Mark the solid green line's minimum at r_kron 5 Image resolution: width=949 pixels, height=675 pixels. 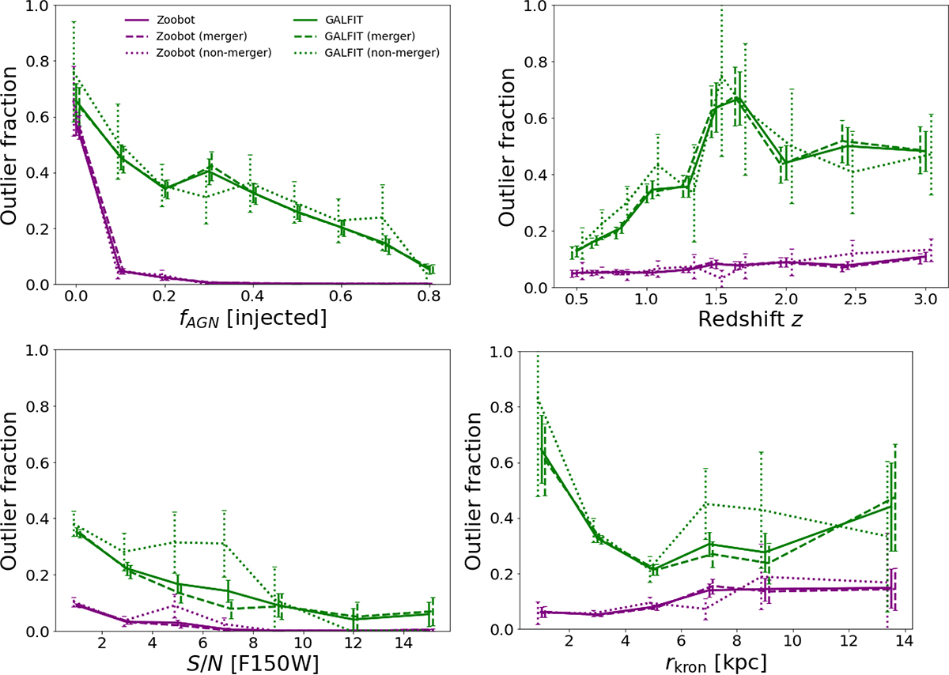click(653, 570)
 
